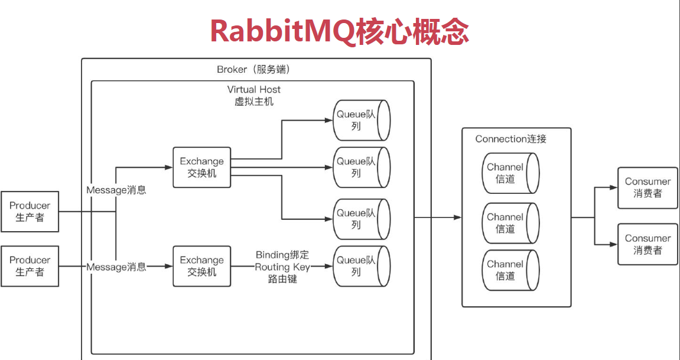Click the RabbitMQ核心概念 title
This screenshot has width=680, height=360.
point(339,31)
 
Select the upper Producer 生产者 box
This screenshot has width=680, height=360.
point(30,211)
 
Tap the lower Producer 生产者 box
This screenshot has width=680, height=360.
point(30,266)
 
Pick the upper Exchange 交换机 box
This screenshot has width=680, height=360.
point(201,167)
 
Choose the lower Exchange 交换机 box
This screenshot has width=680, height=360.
point(201,266)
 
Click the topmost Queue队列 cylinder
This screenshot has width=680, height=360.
point(362,120)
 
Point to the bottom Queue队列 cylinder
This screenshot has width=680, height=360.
point(362,266)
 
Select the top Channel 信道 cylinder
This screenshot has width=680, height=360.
point(510,173)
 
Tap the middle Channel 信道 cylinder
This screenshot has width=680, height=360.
point(510,222)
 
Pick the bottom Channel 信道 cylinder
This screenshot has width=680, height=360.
point(510,270)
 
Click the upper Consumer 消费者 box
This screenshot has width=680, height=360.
point(648,187)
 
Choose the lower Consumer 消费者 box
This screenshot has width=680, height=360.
point(648,244)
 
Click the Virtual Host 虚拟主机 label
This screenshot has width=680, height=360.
point(253,96)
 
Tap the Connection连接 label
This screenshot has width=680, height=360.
point(510,140)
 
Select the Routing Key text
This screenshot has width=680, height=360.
point(282,267)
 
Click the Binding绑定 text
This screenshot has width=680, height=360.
point(282,254)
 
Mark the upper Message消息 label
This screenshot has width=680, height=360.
point(116,190)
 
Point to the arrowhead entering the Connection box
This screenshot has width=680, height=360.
point(457,218)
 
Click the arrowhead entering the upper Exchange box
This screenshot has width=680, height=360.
point(169,167)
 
